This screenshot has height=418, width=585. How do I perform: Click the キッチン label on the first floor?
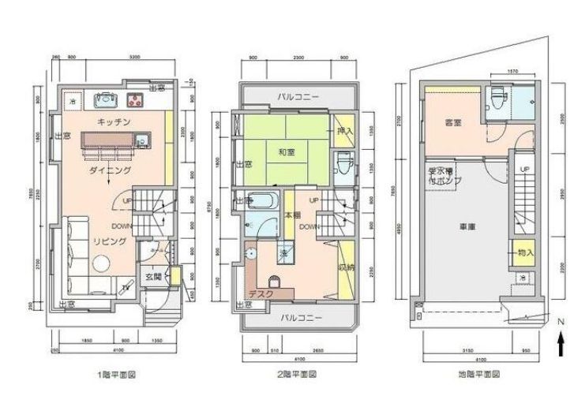(x=114, y=122)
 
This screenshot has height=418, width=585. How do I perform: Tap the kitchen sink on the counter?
(x=107, y=100)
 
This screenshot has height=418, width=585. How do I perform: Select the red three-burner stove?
(x=135, y=100)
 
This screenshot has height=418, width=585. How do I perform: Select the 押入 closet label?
(x=344, y=131)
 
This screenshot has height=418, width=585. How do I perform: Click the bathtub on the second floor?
(x=260, y=200)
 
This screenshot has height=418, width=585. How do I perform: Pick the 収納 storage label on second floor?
(x=346, y=267)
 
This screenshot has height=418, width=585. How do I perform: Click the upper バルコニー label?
(x=298, y=98)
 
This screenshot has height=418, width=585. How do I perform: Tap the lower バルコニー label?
(x=298, y=318)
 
